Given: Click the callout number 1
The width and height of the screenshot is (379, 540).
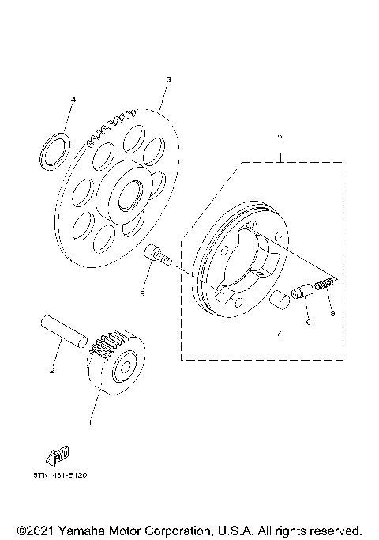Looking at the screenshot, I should click(x=90, y=421).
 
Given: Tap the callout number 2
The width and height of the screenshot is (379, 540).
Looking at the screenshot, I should click(x=53, y=369).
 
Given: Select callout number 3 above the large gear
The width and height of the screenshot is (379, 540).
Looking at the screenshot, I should click(x=168, y=80).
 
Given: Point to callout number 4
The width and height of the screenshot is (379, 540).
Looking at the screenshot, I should click(x=73, y=100).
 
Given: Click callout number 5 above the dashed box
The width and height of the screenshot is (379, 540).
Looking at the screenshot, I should click(x=280, y=136).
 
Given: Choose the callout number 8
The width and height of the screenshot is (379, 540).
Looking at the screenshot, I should click(x=332, y=313).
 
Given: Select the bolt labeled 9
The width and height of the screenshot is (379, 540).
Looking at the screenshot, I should click(x=158, y=256).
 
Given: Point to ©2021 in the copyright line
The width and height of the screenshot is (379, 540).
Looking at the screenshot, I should click(x=36, y=530).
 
